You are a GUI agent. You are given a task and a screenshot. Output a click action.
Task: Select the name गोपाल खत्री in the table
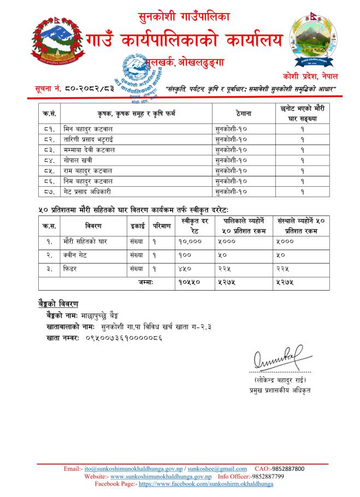(76, 160)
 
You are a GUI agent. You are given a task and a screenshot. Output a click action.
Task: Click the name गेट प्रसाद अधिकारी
(88, 191)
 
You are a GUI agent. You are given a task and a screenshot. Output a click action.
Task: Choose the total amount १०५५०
(190, 282)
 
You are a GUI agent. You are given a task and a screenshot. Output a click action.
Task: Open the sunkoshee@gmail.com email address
(219, 469)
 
